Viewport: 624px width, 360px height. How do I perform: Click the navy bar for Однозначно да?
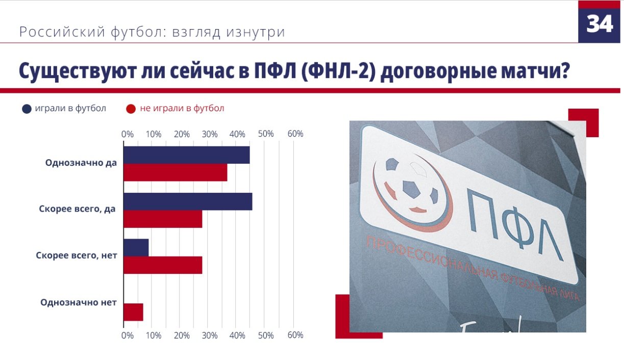tap(187, 155)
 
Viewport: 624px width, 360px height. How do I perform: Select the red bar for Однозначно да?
tap(175, 173)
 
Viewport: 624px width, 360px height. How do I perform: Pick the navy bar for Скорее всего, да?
tap(188, 201)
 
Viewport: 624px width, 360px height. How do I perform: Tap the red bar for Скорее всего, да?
tap(163, 219)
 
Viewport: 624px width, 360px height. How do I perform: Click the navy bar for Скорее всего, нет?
tap(136, 247)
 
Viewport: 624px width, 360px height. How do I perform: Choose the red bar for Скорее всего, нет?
tap(163, 265)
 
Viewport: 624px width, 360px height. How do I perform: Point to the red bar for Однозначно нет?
tap(133, 312)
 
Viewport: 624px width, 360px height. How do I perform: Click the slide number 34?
tap(600, 23)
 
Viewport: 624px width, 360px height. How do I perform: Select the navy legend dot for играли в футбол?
tap(27, 109)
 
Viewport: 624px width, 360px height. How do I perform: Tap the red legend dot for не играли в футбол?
tap(131, 109)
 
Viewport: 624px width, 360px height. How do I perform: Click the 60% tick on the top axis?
tap(295, 134)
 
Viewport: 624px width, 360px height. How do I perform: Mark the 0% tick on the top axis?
tap(127, 134)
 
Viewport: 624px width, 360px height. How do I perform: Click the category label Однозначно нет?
tap(79, 302)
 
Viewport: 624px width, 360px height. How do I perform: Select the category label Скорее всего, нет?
tap(77, 255)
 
